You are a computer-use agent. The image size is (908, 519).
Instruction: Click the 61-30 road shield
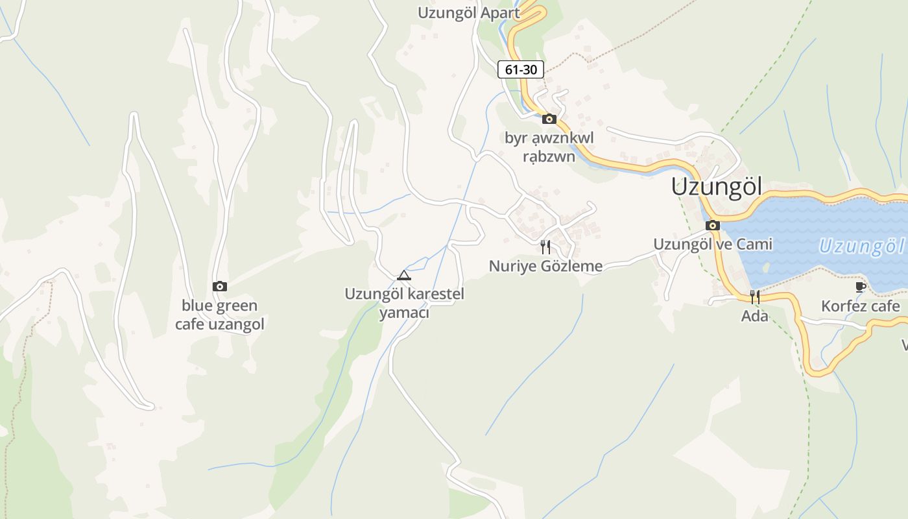520,69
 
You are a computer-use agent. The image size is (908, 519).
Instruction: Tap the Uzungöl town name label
716,187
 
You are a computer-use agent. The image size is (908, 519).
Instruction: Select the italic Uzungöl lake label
861,247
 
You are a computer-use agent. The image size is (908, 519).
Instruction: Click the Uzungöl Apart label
468,13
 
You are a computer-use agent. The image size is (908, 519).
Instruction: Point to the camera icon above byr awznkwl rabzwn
549,119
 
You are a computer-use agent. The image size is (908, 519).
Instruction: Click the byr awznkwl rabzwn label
549,147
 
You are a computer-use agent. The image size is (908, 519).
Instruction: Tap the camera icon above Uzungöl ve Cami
713,226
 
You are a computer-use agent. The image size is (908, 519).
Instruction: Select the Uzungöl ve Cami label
713,244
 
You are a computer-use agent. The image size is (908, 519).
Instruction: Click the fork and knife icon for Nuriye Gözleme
545,247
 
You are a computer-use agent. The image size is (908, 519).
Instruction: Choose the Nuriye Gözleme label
545,266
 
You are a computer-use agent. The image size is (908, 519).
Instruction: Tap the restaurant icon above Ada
754,297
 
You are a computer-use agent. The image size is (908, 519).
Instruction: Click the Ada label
755,316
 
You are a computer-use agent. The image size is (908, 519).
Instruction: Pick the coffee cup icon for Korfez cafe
861,287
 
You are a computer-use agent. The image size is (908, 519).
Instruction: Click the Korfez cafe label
861,306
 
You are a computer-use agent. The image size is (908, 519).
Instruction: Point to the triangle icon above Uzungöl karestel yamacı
404,275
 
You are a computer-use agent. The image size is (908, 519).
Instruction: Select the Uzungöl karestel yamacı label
404,303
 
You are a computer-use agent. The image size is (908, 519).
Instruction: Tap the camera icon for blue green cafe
220,286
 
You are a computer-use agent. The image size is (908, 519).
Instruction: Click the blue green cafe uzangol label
220,315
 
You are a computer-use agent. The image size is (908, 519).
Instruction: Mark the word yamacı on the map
404,313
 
